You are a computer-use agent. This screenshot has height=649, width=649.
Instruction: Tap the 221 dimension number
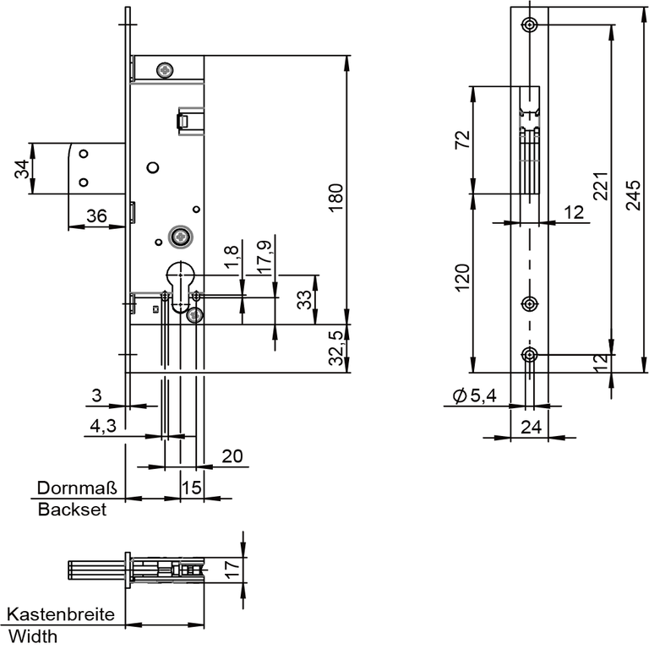[x=599, y=185]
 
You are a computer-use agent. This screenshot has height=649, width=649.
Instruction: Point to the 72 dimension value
[x=461, y=139]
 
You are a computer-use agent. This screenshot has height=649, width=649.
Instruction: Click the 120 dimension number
[x=461, y=276]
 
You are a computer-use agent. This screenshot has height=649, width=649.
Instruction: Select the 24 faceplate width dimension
[x=530, y=428]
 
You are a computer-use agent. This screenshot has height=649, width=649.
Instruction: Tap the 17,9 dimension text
[x=264, y=257]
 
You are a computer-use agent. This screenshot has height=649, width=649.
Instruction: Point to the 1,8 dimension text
[x=231, y=259]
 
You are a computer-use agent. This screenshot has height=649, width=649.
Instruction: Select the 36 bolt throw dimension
[x=96, y=216]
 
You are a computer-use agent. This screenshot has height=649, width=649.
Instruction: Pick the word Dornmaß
[x=77, y=488]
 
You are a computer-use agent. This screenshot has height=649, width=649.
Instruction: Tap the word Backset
[x=72, y=510]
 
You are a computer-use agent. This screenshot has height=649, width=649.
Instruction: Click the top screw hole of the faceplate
[x=530, y=24]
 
